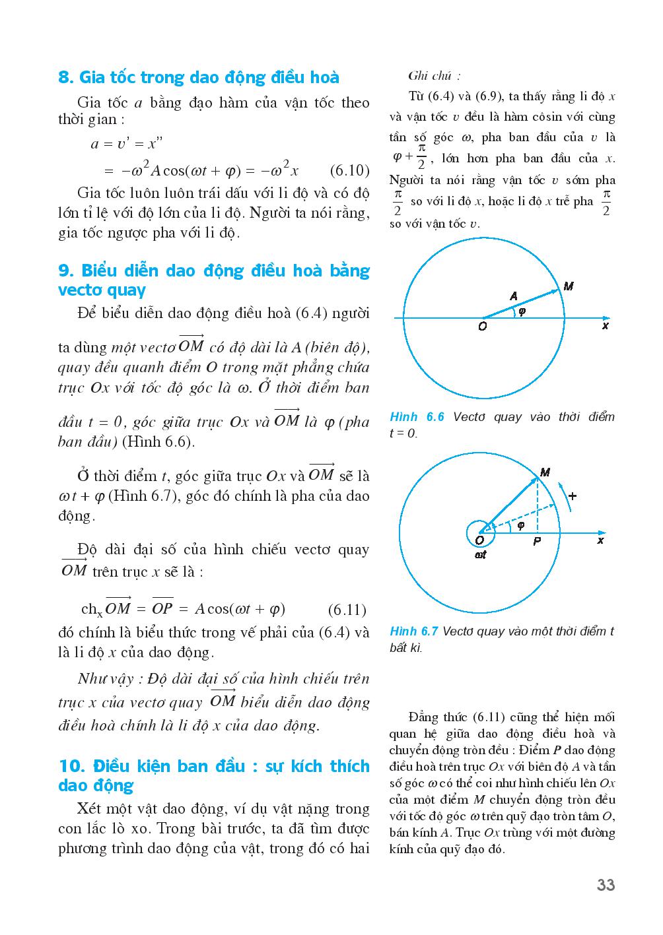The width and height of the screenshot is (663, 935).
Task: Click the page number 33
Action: pos(606,885)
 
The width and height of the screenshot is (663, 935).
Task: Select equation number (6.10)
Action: pos(349,171)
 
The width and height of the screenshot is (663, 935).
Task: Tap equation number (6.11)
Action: pos(347,610)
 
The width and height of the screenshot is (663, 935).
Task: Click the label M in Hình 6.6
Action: pos(569,286)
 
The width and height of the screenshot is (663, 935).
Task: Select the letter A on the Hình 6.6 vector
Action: pos(513,296)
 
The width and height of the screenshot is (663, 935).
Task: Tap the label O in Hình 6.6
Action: pos(482,327)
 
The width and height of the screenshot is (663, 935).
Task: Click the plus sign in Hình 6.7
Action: pos(572,496)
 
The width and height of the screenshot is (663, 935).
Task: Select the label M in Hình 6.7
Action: pos(545,472)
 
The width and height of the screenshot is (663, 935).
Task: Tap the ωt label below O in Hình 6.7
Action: pos(481,555)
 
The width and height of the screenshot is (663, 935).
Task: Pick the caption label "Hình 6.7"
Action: pos(414,631)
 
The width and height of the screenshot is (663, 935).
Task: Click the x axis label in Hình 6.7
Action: pos(600,540)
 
